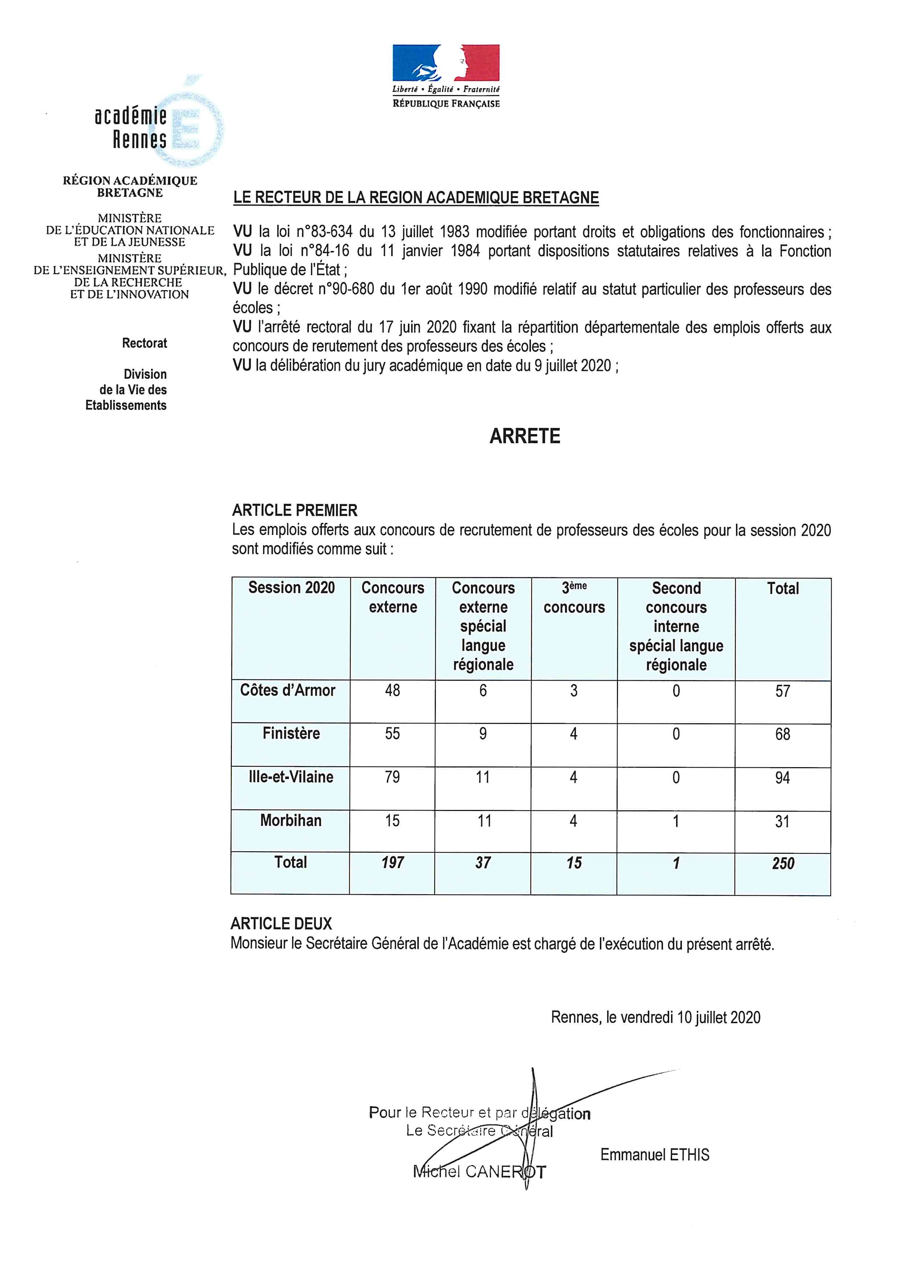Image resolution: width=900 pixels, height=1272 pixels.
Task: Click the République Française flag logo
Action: (446, 63)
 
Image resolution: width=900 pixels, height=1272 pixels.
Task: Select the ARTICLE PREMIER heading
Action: (295, 510)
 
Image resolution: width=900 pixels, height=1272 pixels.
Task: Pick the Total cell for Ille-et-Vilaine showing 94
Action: (782, 778)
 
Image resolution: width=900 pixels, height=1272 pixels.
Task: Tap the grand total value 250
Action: (783, 863)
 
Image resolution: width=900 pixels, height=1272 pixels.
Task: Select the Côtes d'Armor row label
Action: (288, 690)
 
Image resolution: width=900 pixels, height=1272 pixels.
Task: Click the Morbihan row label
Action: (291, 820)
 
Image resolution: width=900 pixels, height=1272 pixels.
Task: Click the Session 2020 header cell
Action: (291, 588)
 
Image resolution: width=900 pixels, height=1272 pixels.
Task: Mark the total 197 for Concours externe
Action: (392, 863)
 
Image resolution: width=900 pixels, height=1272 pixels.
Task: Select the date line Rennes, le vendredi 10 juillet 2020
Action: (656, 1017)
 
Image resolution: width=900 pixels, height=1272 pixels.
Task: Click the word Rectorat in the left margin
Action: (145, 343)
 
